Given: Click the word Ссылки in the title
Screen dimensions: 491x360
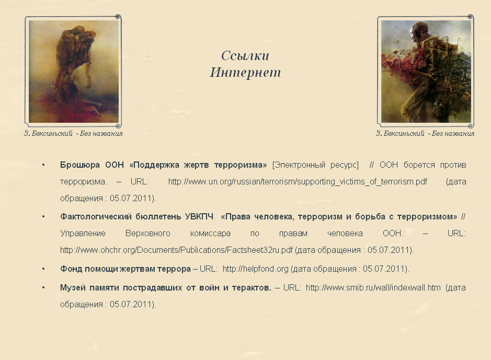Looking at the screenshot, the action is (245, 56).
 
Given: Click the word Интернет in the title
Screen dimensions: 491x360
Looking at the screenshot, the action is (245, 72).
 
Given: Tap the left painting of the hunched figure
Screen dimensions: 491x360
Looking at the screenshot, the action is (74, 71).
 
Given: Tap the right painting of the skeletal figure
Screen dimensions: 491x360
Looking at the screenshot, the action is (426, 71).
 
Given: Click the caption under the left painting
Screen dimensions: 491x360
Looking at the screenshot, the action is (73, 134).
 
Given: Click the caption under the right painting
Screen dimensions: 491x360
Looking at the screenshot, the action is (425, 134).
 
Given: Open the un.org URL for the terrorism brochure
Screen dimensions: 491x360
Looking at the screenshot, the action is (298, 182).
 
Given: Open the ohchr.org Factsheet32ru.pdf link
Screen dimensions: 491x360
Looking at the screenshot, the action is (176, 250).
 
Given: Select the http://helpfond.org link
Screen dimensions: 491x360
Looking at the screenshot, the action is (256, 269).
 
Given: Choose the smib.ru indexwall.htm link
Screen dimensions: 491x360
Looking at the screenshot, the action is (373, 288).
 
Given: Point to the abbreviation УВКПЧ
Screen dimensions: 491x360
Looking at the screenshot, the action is (199, 217).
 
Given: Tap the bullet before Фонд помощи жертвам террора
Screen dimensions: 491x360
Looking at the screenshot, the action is (43, 269).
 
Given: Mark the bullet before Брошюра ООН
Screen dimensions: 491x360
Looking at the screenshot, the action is (43, 165).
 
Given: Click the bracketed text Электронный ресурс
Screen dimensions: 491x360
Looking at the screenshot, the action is (315, 165).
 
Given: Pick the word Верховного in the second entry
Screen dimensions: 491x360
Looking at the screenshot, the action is (148, 234).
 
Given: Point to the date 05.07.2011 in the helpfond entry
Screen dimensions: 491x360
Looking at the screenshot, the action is (384, 269).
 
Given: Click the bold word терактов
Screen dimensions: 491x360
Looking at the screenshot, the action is (252, 288).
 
